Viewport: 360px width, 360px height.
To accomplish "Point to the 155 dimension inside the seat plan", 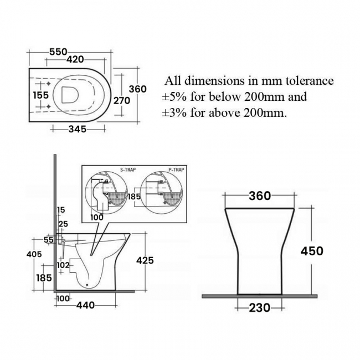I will [40, 95].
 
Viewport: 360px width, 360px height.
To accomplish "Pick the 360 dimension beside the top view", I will [137, 89].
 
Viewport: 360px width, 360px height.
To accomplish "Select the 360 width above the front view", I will [259, 196].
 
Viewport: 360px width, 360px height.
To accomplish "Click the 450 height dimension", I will [311, 251].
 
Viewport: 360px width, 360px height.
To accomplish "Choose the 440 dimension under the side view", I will [85, 305].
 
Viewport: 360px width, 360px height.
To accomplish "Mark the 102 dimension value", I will [63, 265].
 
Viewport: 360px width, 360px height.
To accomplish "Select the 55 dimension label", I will [48, 240].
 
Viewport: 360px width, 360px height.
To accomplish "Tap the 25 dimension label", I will [63, 224].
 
